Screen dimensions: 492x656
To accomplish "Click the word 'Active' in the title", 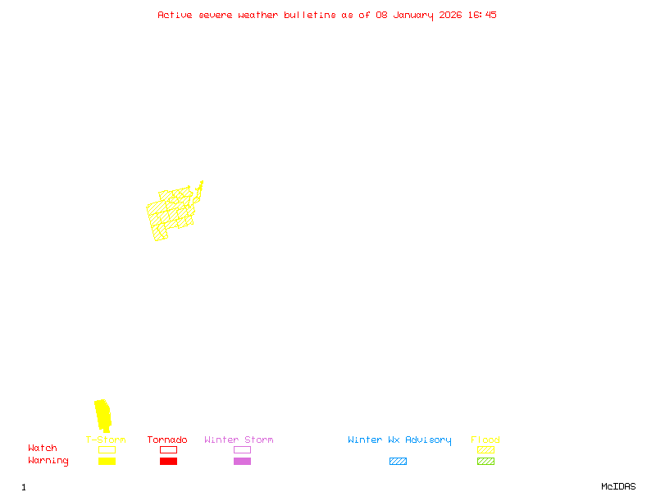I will click(x=175, y=15).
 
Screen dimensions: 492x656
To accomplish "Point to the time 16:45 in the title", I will click(x=483, y=15).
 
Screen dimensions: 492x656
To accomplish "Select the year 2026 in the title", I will click(x=452, y=15).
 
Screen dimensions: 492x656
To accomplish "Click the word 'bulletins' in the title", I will click(x=309, y=15).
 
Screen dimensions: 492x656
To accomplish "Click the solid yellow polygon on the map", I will click(x=102, y=413).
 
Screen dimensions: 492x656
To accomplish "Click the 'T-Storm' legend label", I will click(x=106, y=440).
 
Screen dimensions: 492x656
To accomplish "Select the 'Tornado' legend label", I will click(x=167, y=440).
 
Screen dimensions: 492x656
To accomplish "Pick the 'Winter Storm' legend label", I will click(x=239, y=440).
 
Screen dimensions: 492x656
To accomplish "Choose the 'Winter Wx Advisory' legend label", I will click(x=399, y=440).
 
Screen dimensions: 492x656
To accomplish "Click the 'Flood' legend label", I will click(x=485, y=440).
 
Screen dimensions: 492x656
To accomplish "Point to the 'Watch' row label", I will click(x=43, y=449).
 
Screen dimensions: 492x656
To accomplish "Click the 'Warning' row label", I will click(x=48, y=461).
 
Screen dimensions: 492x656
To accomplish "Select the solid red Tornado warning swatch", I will click(x=168, y=461).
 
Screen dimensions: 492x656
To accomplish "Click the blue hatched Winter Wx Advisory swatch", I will click(x=398, y=461).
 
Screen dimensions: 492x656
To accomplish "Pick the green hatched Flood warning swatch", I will click(x=485, y=461).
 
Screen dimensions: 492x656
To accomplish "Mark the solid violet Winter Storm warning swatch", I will click(x=242, y=461).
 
